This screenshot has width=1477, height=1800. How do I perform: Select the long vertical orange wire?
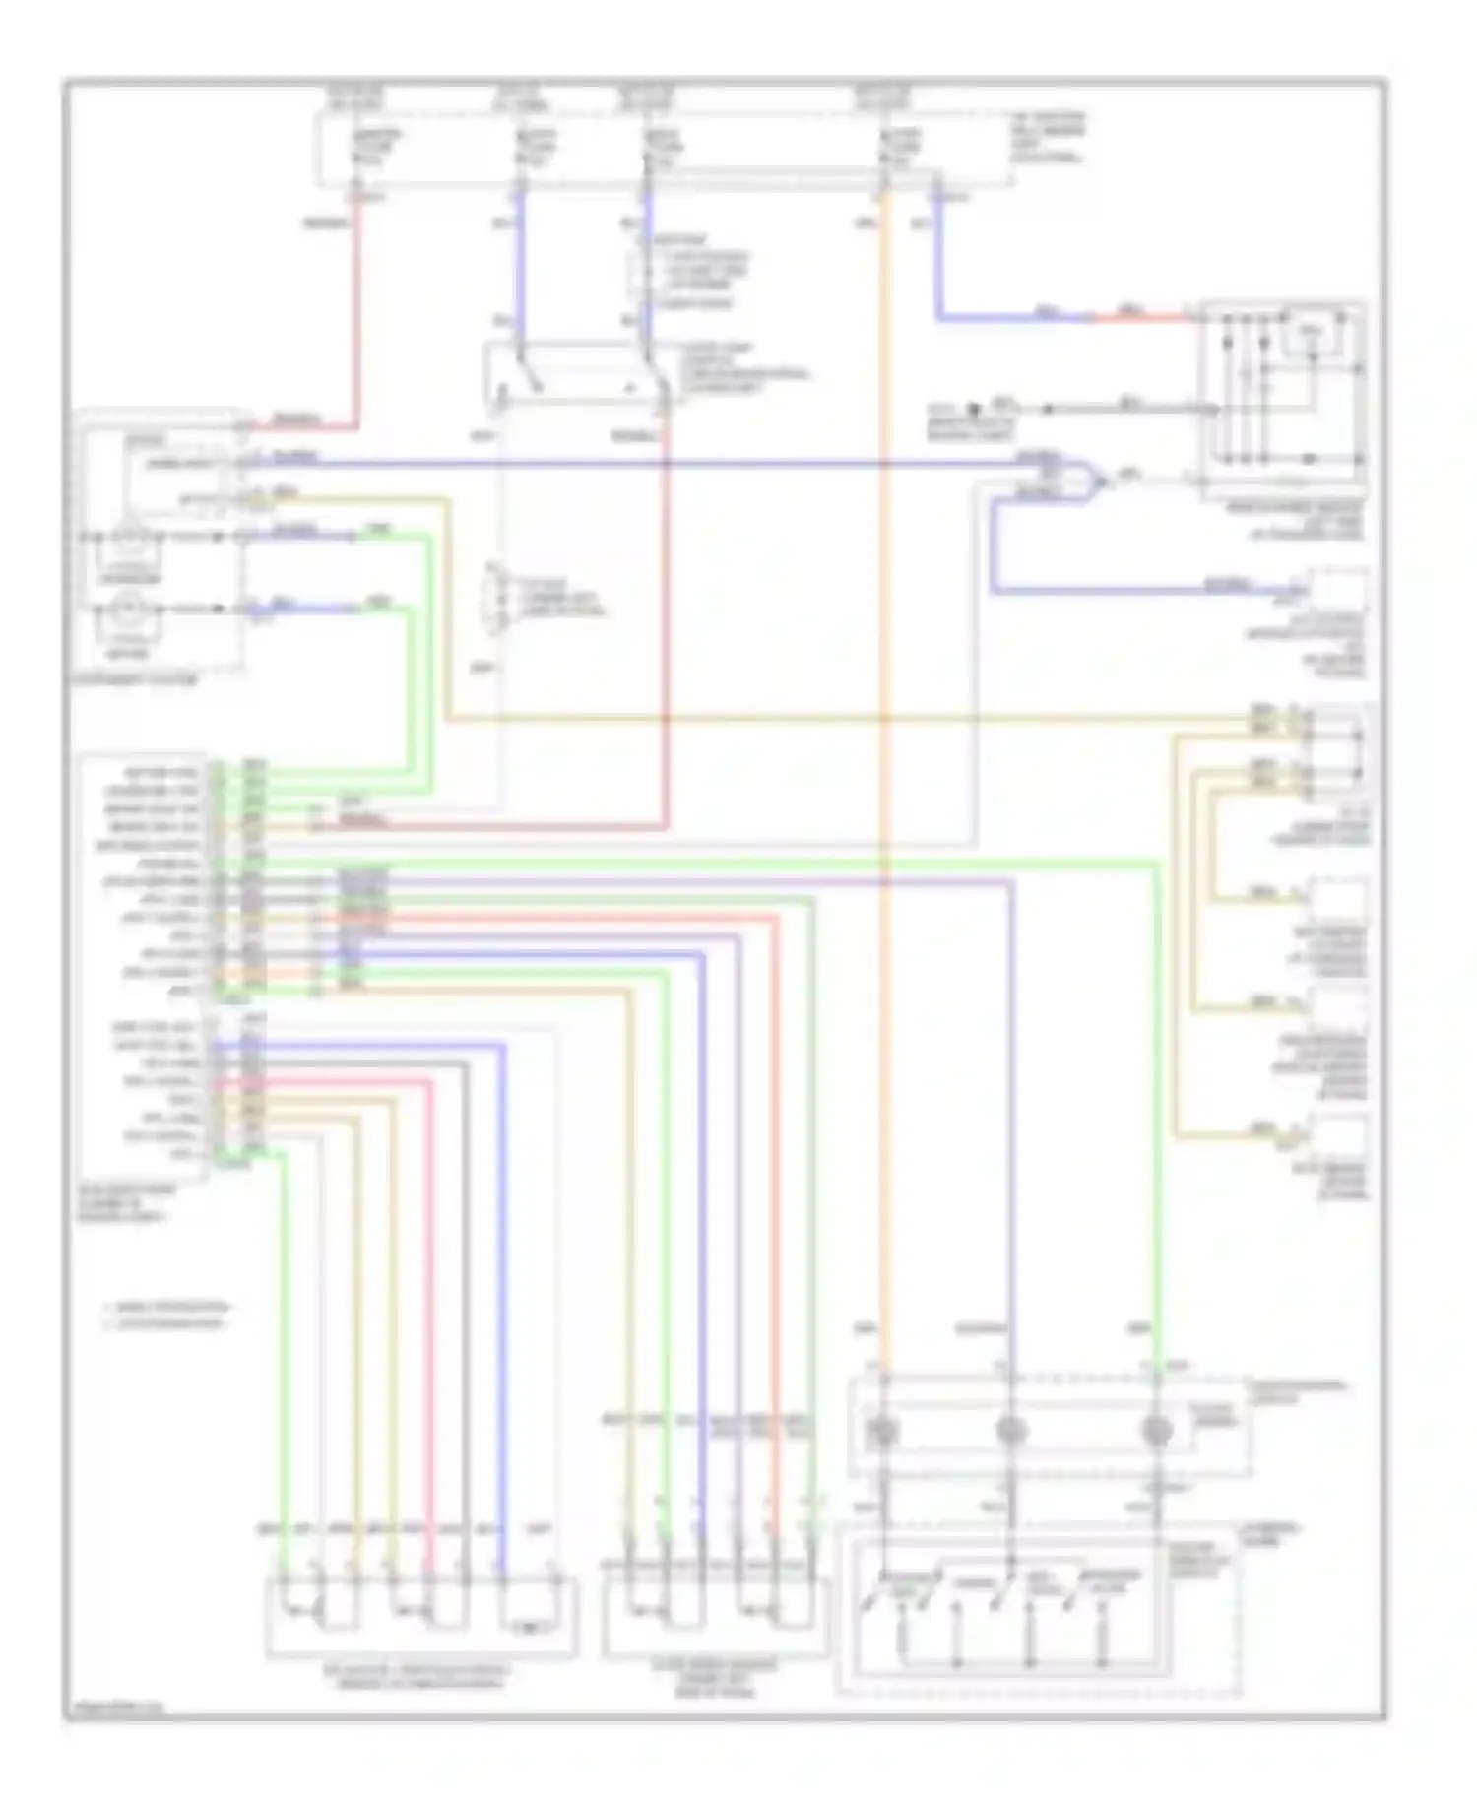884,788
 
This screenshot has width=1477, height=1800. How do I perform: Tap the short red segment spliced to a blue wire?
1142,318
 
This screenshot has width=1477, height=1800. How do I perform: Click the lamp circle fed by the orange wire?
881,1431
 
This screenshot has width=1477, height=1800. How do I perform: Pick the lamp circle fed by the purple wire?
1011,1431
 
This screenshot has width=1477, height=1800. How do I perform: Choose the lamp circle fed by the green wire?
1156,1431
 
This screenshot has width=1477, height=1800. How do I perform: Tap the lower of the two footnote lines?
167,1324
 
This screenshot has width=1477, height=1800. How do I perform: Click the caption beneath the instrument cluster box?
138,680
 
